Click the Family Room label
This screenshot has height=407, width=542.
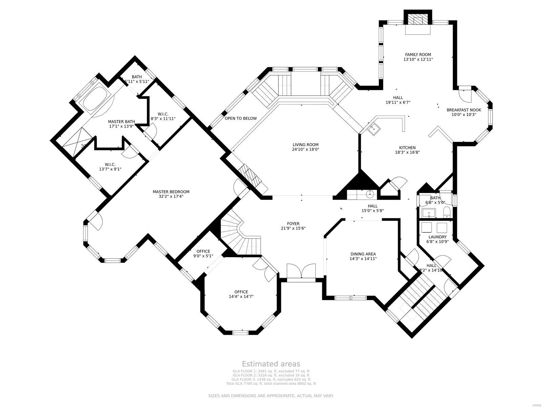(418, 55)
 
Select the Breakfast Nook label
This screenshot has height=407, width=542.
(464, 110)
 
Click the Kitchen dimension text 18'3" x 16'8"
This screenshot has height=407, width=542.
(407, 152)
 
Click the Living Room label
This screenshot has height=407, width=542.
(306, 145)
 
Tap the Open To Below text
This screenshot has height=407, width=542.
(241, 118)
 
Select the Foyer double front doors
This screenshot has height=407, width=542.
(301, 271)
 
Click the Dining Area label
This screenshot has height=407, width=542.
(363, 254)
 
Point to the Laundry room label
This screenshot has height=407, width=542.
(437, 237)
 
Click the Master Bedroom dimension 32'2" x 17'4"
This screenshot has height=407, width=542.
(171, 196)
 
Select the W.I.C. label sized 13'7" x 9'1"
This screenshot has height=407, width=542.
(110, 164)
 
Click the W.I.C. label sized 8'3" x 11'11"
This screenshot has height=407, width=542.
(163, 114)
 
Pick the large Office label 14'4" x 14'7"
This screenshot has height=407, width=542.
(241, 292)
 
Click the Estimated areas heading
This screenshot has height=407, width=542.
(271, 364)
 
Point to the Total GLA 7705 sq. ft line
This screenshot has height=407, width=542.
(271, 384)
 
